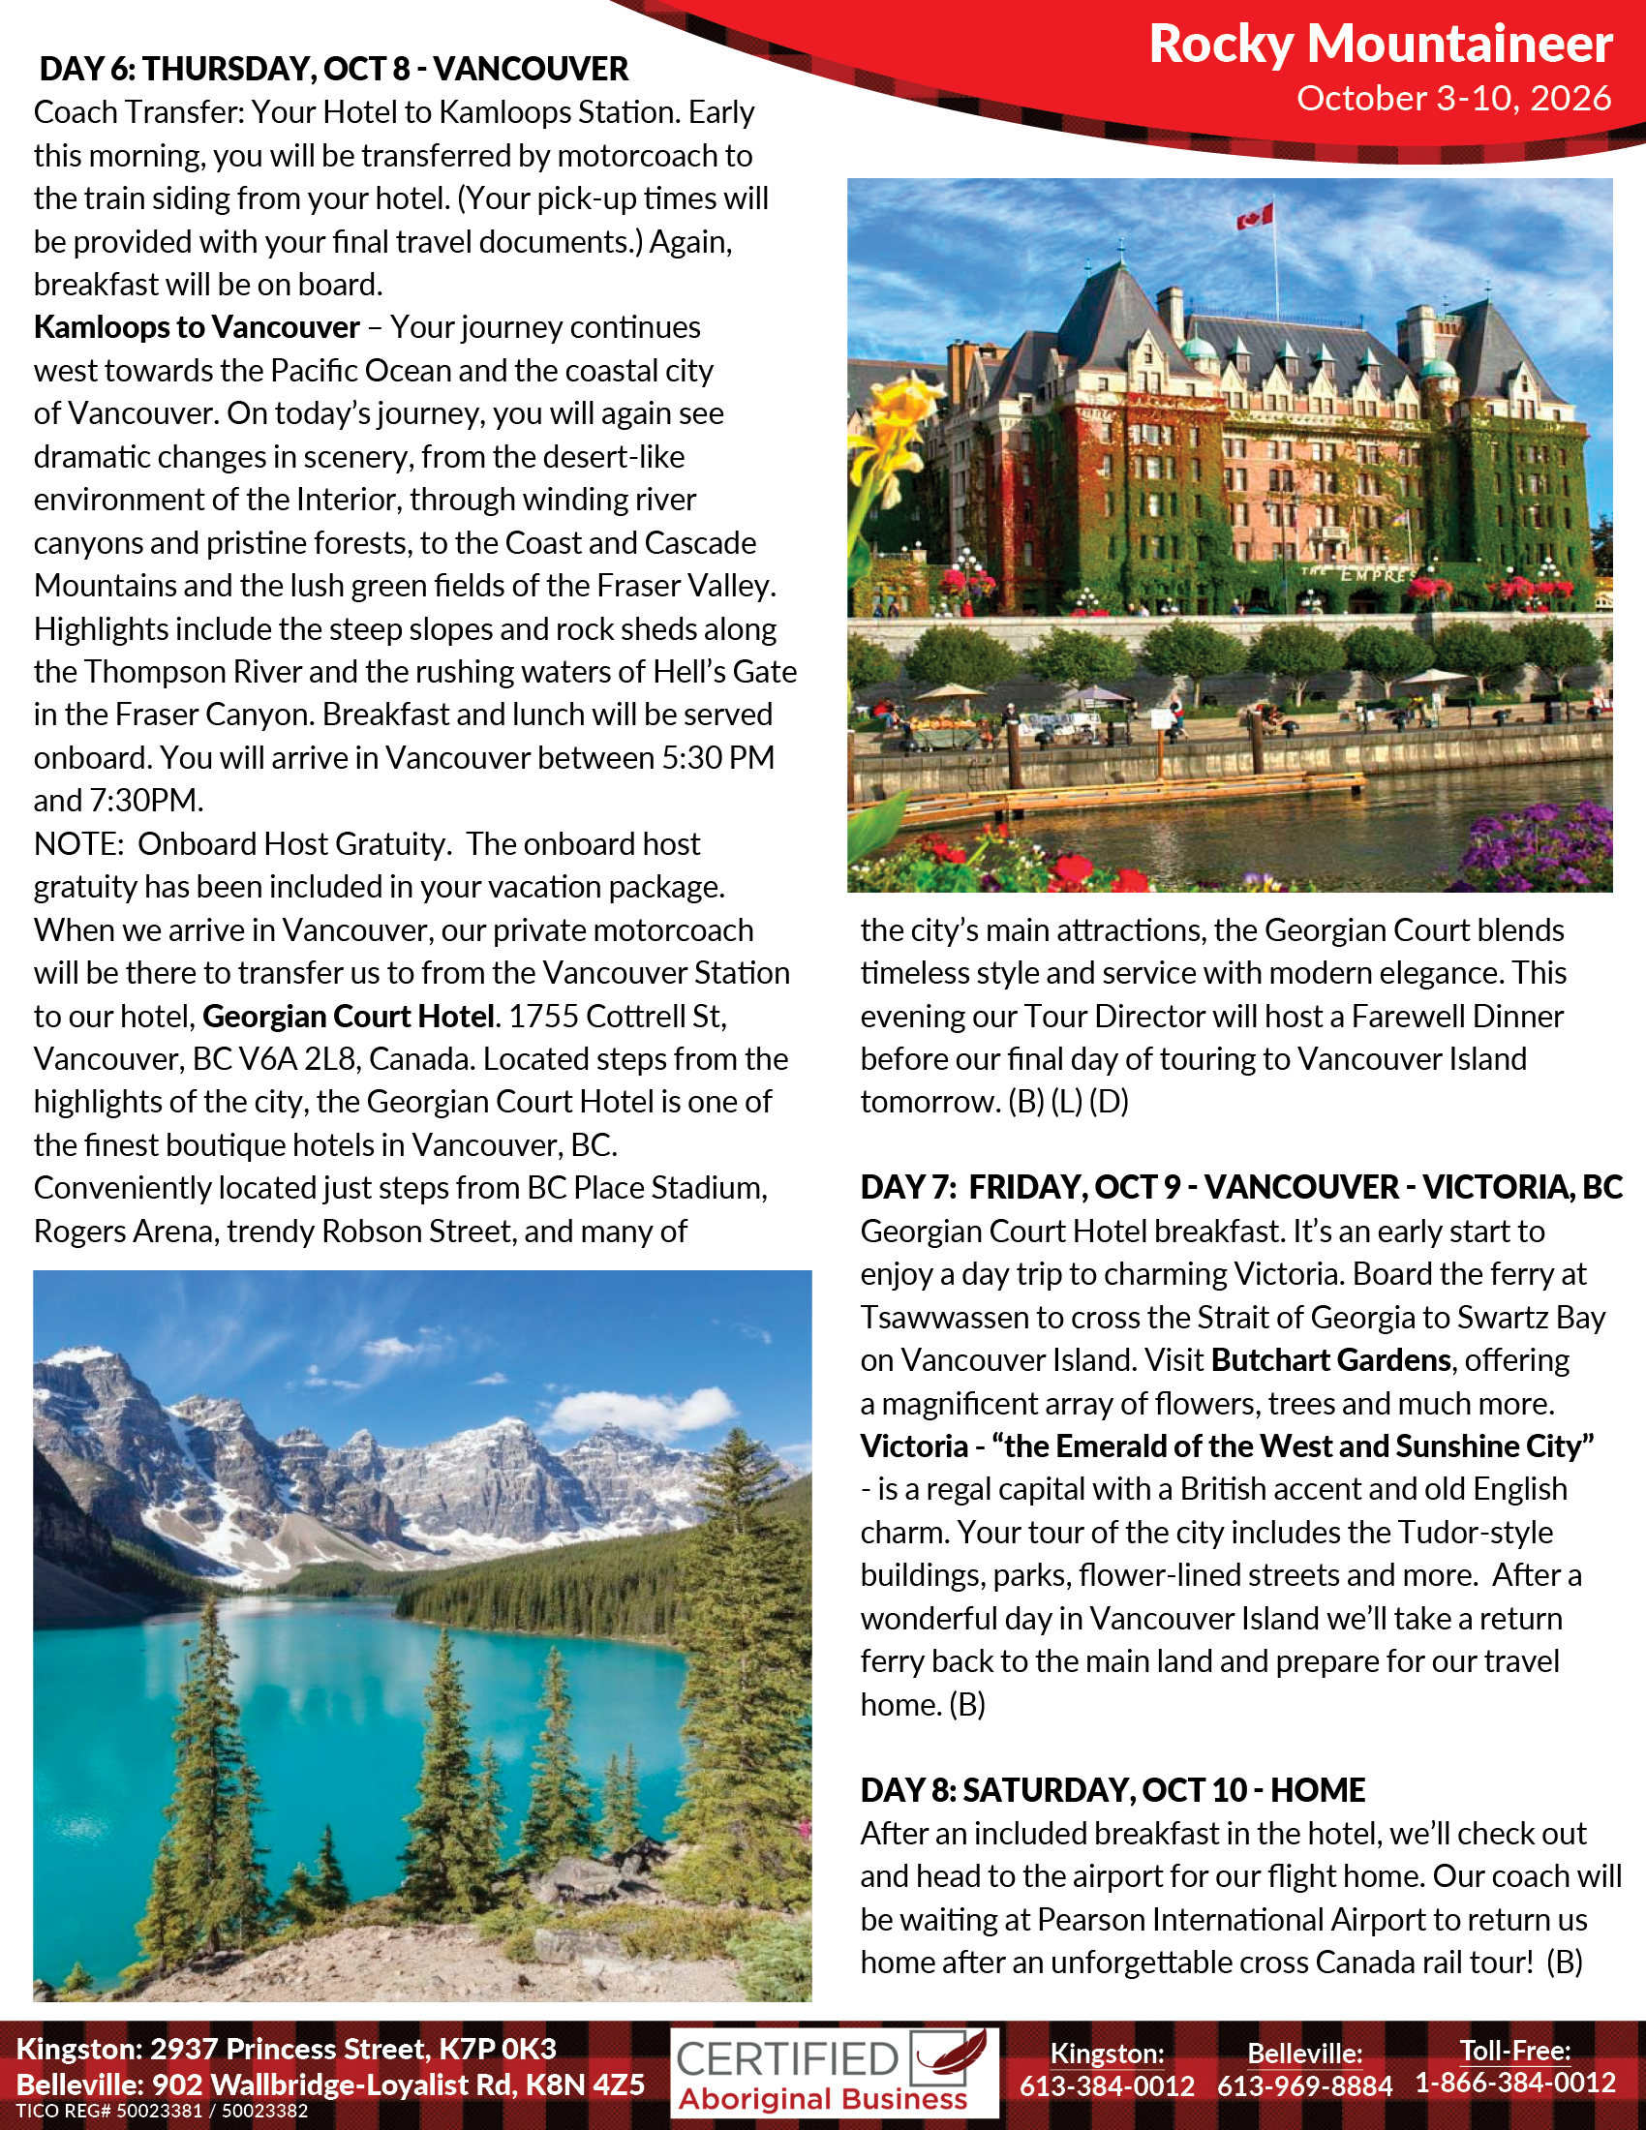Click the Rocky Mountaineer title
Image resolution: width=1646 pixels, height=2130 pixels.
pyautogui.click(x=1380, y=45)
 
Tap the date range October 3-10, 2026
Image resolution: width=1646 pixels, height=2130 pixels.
pyautogui.click(x=1453, y=99)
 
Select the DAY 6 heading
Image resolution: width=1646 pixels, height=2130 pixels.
pyautogui.click(x=333, y=70)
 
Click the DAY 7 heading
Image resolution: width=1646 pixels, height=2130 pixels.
pyautogui.click(x=1240, y=1187)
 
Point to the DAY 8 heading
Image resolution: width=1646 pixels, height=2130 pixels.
pyautogui.click(x=1112, y=1789)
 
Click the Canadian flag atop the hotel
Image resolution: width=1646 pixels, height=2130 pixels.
pyautogui.click(x=1256, y=217)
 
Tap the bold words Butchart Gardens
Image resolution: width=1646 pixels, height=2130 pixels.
pyautogui.click(x=1331, y=1359)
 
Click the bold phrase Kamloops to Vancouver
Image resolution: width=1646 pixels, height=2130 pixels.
pyautogui.click(x=196, y=327)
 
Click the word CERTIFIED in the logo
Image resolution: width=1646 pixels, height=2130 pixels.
pyautogui.click(x=787, y=2059)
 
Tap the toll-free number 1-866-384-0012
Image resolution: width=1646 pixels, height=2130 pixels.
pyautogui.click(x=1515, y=2084)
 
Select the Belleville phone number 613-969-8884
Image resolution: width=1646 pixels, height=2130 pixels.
pyautogui.click(x=1304, y=2086)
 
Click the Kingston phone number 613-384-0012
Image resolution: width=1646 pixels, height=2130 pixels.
pyautogui.click(x=1107, y=2086)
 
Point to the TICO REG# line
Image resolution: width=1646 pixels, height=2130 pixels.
pyautogui.click(x=162, y=2112)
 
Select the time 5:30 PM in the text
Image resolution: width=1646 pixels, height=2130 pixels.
pyautogui.click(x=717, y=758)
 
